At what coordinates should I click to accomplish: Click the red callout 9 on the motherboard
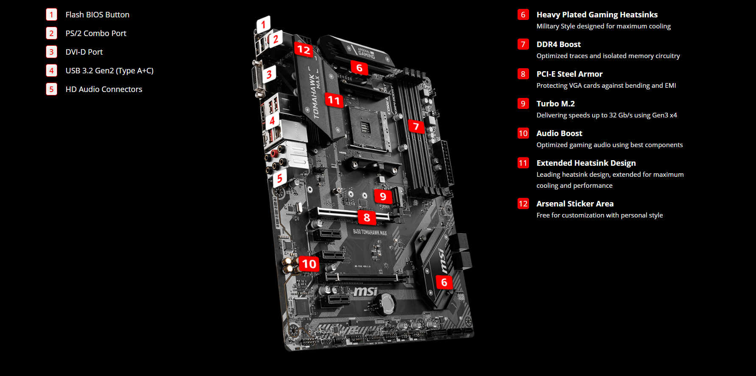point(383,196)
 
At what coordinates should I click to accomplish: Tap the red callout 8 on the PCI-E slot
point(367,217)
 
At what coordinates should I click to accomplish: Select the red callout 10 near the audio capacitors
point(308,264)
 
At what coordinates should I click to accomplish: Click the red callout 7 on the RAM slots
point(416,126)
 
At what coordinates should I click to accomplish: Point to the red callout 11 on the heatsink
point(334,100)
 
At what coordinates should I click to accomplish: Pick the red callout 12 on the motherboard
point(304,50)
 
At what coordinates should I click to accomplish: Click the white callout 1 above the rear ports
point(263,24)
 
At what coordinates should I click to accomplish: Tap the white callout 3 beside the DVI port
point(269,75)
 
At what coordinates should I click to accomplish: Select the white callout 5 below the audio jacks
point(280,178)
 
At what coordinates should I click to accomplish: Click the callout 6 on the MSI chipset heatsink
point(444,282)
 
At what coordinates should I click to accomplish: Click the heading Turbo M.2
point(555,104)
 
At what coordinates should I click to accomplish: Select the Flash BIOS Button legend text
point(97,15)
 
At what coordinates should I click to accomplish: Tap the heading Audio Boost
point(559,134)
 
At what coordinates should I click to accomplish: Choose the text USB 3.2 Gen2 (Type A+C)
point(109,71)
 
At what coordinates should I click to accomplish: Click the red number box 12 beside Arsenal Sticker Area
point(523,204)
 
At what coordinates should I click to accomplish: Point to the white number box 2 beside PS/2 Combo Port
point(51,33)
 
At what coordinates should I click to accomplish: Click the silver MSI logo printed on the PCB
point(365,291)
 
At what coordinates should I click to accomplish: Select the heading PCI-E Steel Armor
point(569,74)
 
